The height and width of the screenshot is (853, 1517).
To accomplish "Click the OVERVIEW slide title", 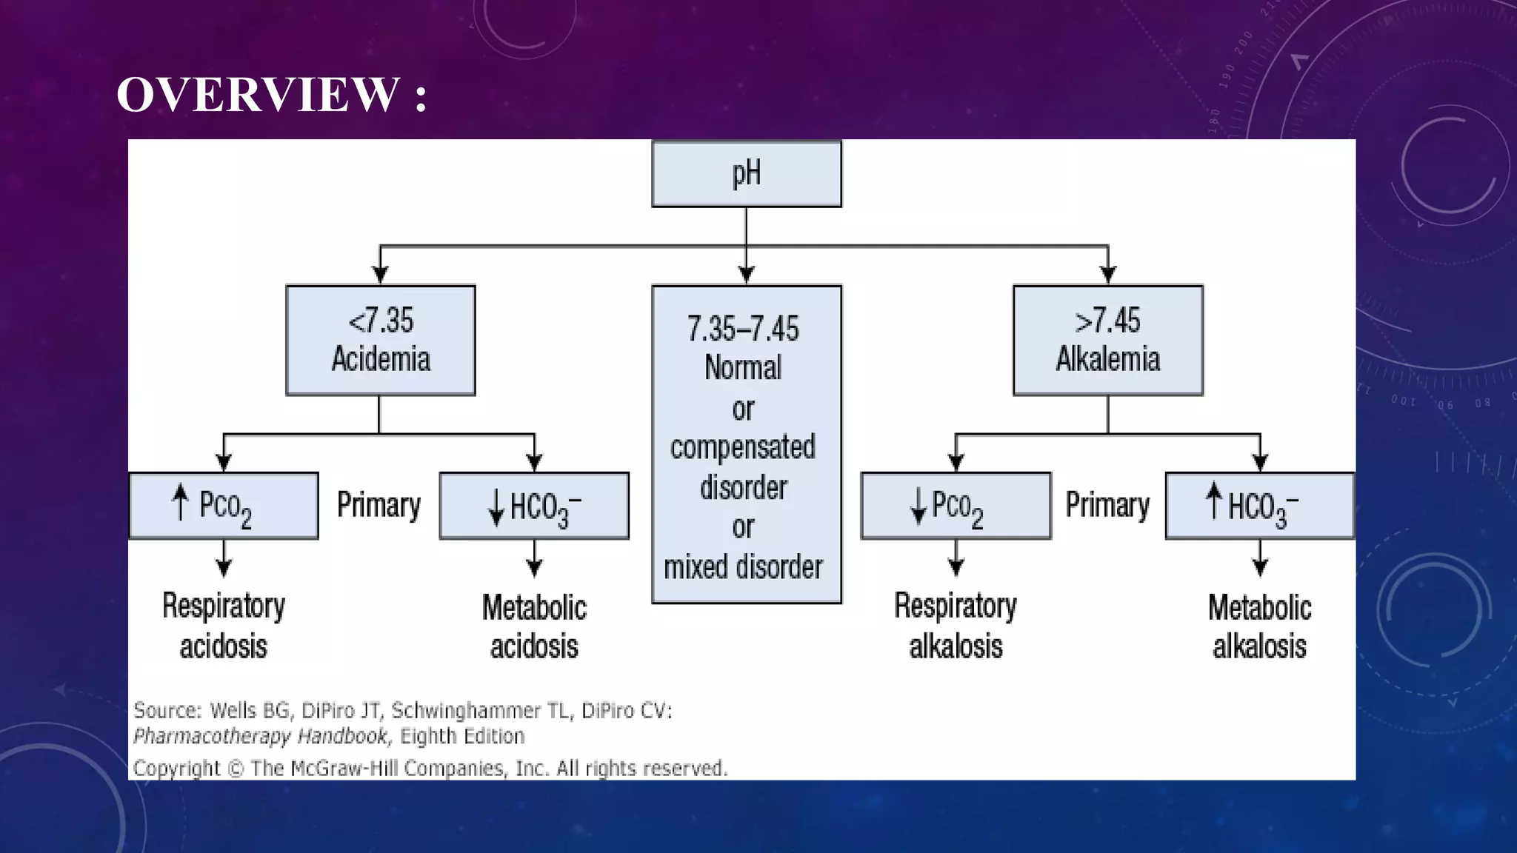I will point(271,95).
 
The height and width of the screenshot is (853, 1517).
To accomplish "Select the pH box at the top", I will point(746,173).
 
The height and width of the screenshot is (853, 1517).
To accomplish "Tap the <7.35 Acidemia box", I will point(380,340).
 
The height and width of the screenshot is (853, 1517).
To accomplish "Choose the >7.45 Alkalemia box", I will point(1107,340).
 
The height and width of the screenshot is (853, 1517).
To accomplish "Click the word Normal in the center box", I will point(743,368).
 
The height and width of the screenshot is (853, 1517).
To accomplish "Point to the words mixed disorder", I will point(743,567).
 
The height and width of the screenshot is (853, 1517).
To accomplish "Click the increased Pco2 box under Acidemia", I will point(223,506).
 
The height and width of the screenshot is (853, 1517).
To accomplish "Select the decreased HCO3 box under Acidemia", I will point(533,506).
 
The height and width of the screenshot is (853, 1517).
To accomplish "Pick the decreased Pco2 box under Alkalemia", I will point(956,506).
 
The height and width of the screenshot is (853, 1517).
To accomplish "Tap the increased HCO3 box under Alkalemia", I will point(1259,506).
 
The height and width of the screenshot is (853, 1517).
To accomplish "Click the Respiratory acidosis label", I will point(223,626).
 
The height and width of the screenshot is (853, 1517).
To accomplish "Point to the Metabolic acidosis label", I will point(533,626).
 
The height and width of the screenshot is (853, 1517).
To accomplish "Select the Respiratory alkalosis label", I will point(956,626).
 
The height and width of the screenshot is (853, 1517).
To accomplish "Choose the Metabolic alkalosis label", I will point(1259,626).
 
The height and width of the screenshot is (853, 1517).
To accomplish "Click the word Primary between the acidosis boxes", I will point(379,505).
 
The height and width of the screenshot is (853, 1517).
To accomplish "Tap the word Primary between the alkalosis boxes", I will point(1107,505).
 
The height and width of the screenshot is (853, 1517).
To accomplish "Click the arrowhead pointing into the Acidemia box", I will point(380,275).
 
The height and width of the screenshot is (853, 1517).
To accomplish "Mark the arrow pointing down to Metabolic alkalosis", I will point(1259,560).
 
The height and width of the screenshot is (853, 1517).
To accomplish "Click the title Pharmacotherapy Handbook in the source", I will point(260,737).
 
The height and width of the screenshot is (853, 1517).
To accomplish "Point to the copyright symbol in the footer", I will point(235,769).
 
